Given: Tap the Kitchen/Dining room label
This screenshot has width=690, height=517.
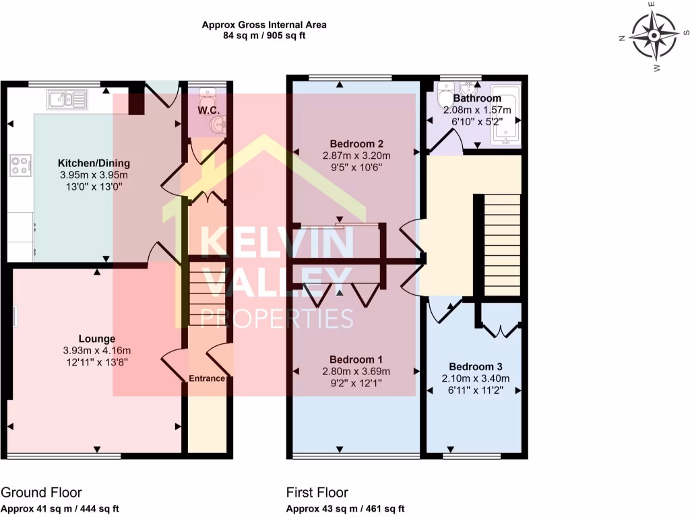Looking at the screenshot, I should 94,164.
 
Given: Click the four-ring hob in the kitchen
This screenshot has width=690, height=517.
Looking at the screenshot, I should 20,166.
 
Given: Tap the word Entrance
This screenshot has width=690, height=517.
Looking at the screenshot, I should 206,378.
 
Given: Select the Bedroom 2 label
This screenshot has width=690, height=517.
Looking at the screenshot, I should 357,144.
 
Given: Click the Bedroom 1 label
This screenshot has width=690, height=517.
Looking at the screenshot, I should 356,359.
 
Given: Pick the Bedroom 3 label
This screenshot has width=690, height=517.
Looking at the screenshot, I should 476,367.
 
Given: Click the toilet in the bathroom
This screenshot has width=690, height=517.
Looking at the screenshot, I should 445,99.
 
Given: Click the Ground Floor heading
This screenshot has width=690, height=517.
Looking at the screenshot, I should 42,493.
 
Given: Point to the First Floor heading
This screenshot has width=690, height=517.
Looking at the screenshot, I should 317,493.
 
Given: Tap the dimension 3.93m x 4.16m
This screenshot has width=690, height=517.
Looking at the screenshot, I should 96,350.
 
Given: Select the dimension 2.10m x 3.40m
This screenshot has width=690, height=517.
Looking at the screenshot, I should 476,378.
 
